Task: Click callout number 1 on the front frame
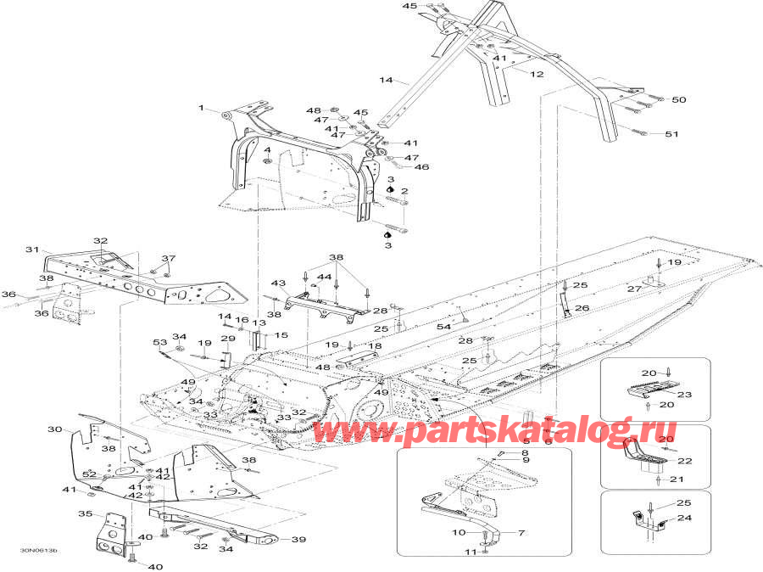[x=202, y=108]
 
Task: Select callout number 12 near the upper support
[x=537, y=75]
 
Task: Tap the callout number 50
[x=678, y=100]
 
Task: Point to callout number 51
[x=671, y=134]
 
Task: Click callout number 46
[x=421, y=167]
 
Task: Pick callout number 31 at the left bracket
[x=32, y=250]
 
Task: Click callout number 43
[x=278, y=283]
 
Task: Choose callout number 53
[x=160, y=342]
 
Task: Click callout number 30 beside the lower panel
[x=54, y=429]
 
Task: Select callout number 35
[x=85, y=514]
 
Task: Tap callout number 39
[x=298, y=540]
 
